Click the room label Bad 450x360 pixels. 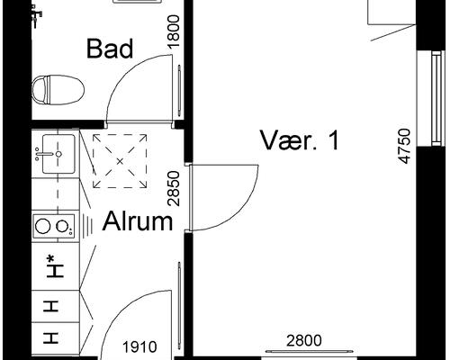click(x=110, y=49)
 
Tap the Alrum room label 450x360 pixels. click(x=138, y=221)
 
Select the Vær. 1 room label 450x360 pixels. click(x=300, y=140)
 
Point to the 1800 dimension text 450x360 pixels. click(x=174, y=31)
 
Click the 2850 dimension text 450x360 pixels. click(x=174, y=188)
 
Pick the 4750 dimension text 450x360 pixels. click(x=404, y=146)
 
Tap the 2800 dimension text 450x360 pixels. click(x=304, y=341)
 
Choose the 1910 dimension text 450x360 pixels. click(x=139, y=347)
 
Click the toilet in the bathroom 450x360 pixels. click(x=58, y=90)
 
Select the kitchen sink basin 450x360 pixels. click(x=58, y=154)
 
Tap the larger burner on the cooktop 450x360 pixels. click(x=42, y=226)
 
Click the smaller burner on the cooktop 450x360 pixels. click(x=62, y=226)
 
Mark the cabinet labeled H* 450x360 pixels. click(x=56, y=266)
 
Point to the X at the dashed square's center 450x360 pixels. click(x=120, y=161)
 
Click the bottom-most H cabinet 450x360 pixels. click(x=56, y=338)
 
